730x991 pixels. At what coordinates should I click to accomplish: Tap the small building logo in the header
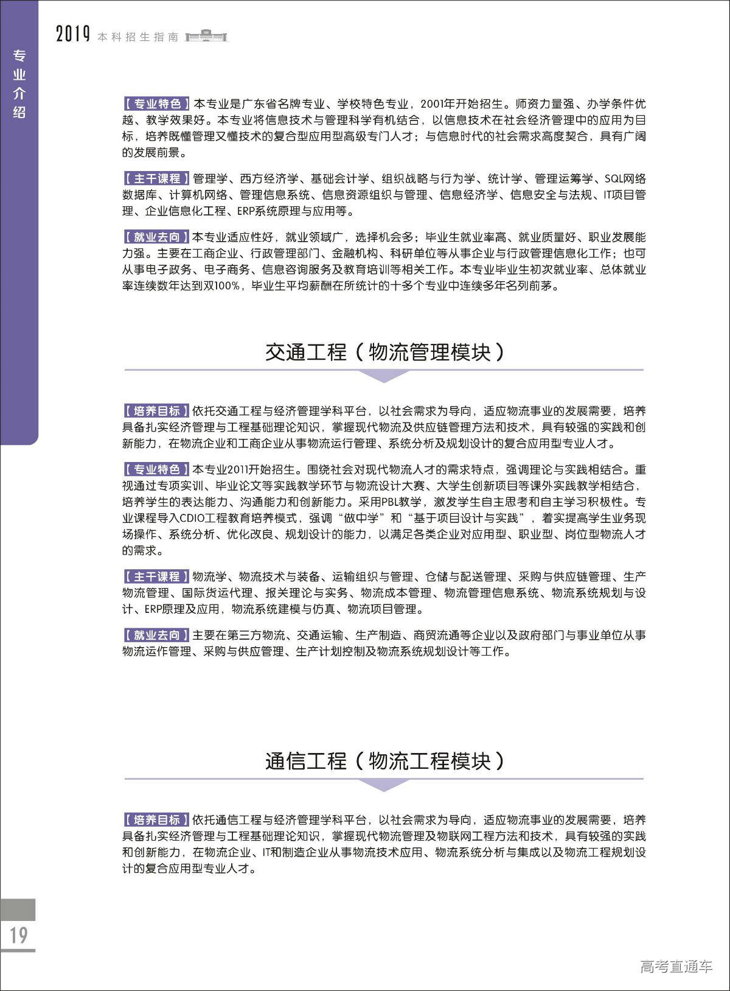pos(206,36)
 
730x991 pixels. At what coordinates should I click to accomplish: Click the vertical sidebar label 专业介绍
pos(19,84)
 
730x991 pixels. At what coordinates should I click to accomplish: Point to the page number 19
pos(19,935)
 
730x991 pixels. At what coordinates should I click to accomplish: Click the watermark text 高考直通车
pos(676,966)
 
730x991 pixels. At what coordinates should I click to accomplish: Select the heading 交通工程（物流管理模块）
pos(384,352)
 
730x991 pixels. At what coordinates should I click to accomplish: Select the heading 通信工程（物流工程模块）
pos(384,761)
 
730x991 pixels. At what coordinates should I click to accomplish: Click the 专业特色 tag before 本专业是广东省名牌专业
pos(157,103)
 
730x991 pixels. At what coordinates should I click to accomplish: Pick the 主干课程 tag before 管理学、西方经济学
pos(157,179)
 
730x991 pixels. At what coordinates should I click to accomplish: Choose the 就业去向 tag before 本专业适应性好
pos(157,237)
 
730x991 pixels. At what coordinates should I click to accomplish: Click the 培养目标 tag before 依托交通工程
pos(157,411)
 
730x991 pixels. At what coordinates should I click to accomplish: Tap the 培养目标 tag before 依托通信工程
pos(157,820)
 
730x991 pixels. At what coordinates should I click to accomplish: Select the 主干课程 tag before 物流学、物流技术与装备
pos(157,576)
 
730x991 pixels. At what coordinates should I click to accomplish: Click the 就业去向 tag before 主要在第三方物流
pos(157,636)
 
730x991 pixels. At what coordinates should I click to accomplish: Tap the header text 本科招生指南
pos(138,37)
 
